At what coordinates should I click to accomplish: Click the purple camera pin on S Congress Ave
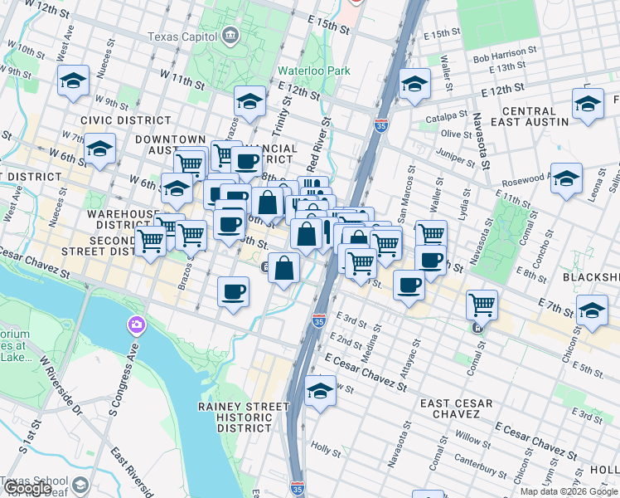coord(134,325)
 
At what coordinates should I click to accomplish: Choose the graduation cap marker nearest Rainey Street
coord(320,392)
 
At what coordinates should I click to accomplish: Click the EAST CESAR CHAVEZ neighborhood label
coord(456,409)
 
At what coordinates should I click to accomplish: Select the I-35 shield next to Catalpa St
coord(380,125)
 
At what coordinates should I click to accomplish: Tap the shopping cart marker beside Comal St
coord(482,305)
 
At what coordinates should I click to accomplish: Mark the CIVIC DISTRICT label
coord(114,120)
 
